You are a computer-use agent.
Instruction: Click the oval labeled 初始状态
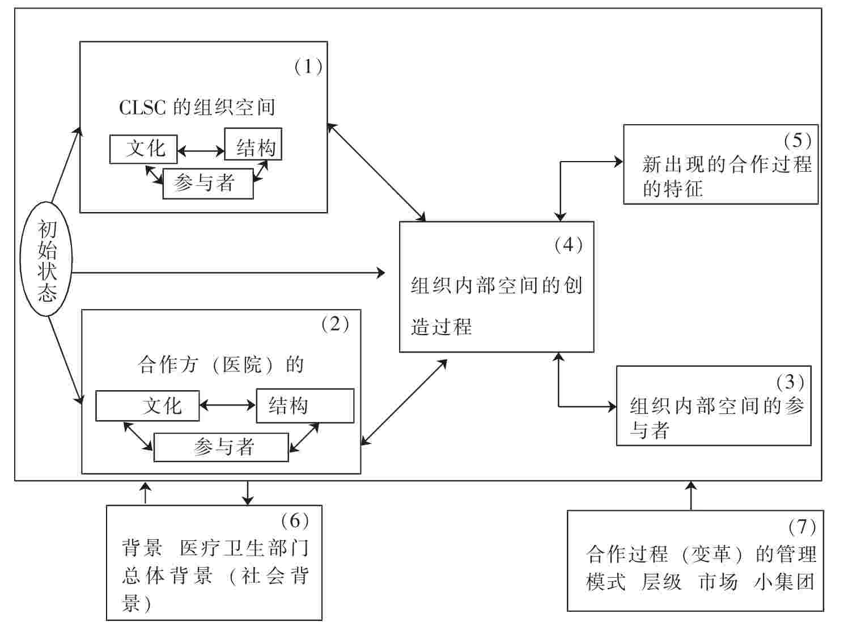47,260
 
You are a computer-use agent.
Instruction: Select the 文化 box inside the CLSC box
143,149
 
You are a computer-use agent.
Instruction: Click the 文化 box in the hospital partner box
147,406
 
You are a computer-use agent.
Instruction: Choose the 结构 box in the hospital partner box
305,406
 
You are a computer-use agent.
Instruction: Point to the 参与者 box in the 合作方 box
221,447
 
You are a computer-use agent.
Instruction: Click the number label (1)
308,67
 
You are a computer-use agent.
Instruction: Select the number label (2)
334,324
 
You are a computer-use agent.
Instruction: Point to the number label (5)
797,139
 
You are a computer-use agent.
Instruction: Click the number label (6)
294,520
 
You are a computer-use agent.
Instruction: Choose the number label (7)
802,527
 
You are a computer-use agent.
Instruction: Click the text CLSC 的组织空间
197,107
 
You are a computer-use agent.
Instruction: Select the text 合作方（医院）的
221,365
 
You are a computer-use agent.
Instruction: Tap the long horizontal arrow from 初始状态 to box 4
227,273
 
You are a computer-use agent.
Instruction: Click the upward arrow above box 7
690,495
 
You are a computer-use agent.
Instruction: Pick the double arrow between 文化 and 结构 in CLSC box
201,151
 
